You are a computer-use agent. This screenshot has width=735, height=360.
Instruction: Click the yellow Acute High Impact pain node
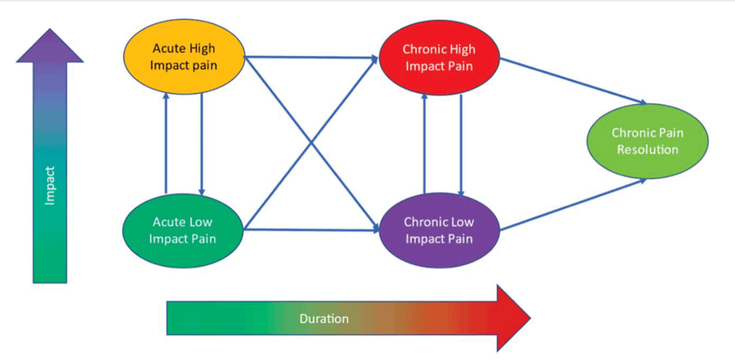point(185,57)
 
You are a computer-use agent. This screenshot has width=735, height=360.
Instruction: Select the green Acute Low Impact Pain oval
point(183,230)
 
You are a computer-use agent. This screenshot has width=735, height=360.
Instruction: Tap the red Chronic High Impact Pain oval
point(439,57)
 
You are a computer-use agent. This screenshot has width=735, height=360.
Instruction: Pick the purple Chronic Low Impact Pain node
point(439,230)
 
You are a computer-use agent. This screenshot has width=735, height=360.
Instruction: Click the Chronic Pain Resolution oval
point(648,141)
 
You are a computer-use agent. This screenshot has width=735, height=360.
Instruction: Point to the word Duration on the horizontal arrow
point(324,319)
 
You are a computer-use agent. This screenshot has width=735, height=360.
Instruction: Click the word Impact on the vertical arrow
point(51,186)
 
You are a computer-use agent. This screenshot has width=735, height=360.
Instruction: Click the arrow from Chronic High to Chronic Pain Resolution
point(574,81)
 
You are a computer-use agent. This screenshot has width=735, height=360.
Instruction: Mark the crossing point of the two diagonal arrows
point(312,142)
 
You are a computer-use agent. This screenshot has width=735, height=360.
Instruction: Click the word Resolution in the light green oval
point(648,149)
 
